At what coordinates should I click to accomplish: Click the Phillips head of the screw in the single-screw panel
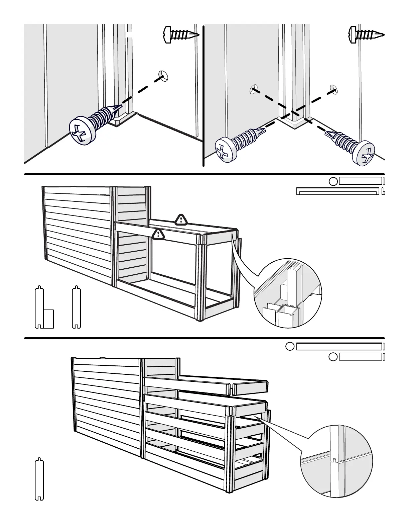(82, 131)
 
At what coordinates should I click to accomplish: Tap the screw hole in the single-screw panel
(163, 76)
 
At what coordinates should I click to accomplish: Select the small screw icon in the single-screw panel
(181, 34)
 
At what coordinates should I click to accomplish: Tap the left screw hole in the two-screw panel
(254, 89)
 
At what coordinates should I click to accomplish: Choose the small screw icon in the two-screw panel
(366, 34)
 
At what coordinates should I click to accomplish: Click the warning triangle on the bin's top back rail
(181, 219)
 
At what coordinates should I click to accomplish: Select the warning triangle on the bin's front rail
(158, 234)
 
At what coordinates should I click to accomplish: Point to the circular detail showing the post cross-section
(288, 293)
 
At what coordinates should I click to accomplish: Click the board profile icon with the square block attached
(44, 307)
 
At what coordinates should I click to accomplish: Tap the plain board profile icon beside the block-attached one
(77, 307)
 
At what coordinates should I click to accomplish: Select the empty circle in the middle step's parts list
(333, 181)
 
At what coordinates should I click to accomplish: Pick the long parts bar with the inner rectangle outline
(338, 191)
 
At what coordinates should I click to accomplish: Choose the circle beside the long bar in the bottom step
(290, 346)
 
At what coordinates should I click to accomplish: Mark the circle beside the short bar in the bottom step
(333, 357)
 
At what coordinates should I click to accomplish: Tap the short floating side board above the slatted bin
(250, 387)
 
